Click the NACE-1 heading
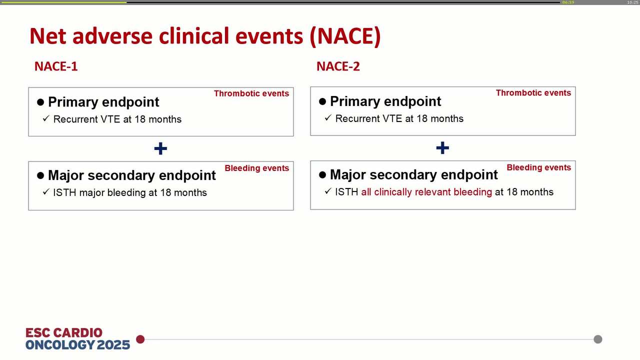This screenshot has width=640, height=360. pyautogui.click(x=56, y=66)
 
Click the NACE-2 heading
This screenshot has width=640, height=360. pyautogui.click(x=338, y=66)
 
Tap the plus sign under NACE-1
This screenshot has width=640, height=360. pyautogui.click(x=160, y=148)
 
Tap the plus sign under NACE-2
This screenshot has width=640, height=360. pyautogui.click(x=442, y=148)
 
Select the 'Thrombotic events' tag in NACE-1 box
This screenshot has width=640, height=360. pyautogui.click(x=251, y=93)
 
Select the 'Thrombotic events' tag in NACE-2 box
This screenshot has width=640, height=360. pyautogui.click(x=533, y=93)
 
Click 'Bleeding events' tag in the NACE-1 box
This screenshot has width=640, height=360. pyautogui.click(x=256, y=168)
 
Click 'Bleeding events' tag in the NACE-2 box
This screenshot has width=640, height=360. pyautogui.click(x=538, y=167)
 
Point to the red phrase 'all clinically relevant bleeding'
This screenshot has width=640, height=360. pyautogui.click(x=426, y=192)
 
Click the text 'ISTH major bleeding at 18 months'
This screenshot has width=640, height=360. pyautogui.click(x=130, y=192)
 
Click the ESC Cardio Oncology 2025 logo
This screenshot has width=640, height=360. pyautogui.click(x=77, y=338)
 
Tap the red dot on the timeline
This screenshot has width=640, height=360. pyautogui.click(x=140, y=339)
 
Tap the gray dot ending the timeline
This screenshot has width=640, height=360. pyautogui.click(x=597, y=339)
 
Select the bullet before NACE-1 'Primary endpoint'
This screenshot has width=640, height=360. pyautogui.click(x=41, y=102)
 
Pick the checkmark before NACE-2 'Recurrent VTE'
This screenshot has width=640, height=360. pyautogui.click(x=328, y=118)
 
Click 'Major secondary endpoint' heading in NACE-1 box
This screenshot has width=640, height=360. pyautogui.click(x=132, y=175)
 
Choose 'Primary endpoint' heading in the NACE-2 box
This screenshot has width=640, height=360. pyautogui.click(x=385, y=101)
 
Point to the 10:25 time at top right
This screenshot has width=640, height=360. pyautogui.click(x=632, y=2)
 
